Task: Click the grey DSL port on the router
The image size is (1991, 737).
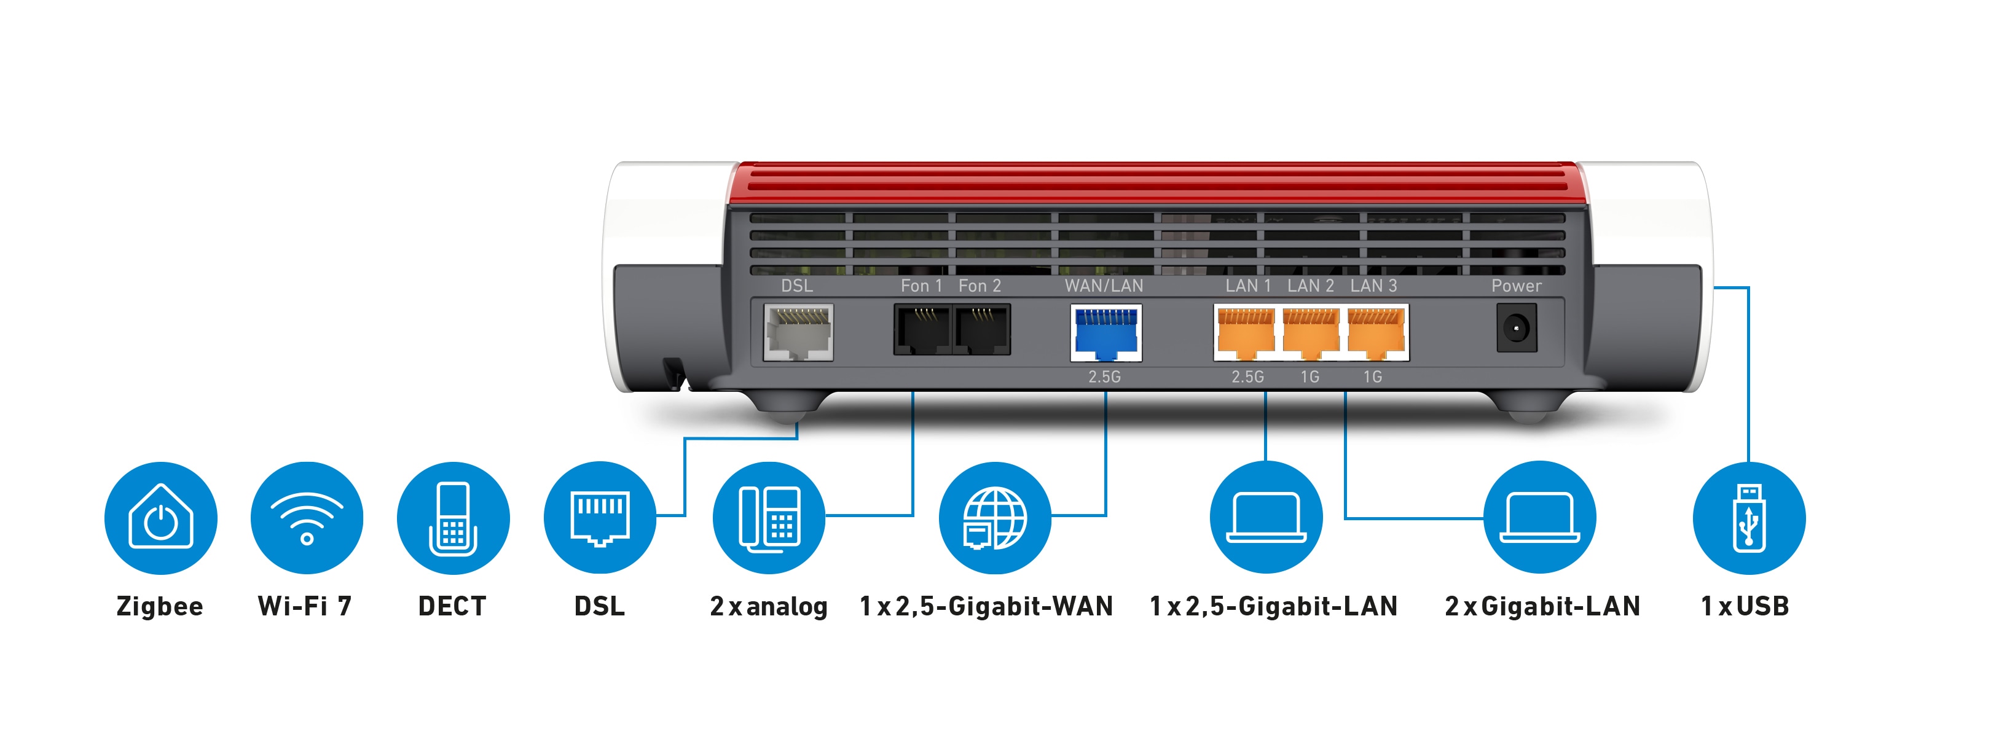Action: point(798,332)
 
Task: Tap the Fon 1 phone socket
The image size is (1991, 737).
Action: point(922,330)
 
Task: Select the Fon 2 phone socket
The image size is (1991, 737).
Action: point(981,330)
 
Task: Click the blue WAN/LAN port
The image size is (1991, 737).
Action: point(1105,333)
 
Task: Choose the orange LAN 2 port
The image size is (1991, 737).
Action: point(1310,333)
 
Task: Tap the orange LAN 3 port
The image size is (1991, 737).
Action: point(1375,333)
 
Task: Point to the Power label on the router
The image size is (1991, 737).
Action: point(1515,286)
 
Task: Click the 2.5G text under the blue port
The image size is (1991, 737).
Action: point(1104,377)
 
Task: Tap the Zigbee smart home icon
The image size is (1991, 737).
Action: point(161,518)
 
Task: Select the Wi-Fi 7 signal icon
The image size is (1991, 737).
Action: point(307,518)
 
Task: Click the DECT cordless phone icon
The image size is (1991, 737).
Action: point(453,518)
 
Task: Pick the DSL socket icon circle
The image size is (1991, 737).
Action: point(600,518)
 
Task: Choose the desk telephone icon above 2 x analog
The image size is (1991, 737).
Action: point(769,518)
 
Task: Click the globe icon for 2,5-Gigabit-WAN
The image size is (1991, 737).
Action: point(995,518)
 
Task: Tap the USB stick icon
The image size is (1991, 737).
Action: point(1748,518)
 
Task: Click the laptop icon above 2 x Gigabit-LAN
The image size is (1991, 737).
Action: point(1539,518)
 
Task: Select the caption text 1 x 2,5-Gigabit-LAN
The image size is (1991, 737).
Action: point(1273,606)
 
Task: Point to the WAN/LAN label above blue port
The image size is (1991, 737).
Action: point(1104,286)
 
